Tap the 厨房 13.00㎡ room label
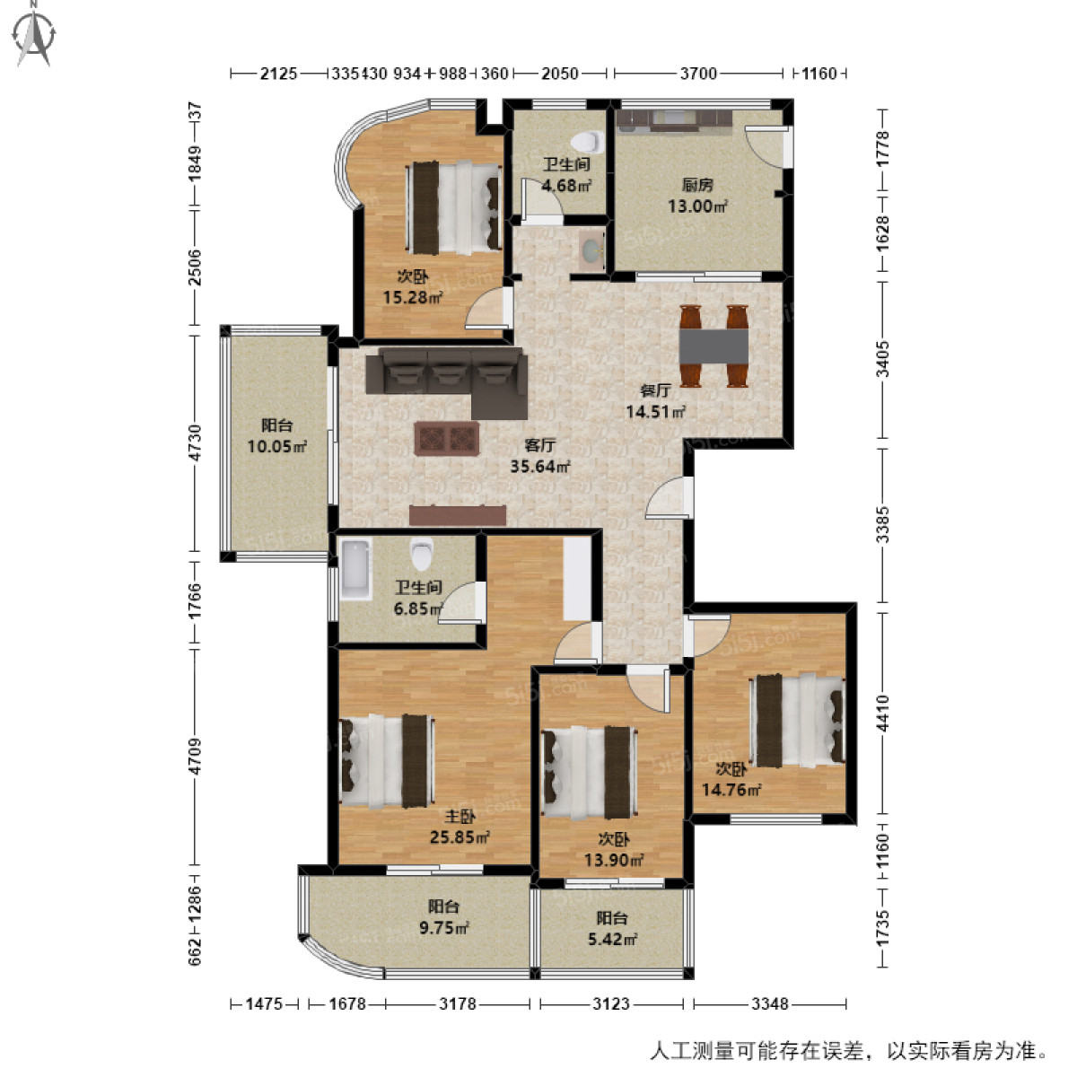(x=696, y=196)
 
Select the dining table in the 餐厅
(x=714, y=345)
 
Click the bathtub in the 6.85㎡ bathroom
(x=355, y=567)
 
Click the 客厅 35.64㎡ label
(x=540, y=456)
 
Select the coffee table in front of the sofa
(x=446, y=439)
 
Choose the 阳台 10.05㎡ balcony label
(x=277, y=436)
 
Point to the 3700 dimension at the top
(x=697, y=74)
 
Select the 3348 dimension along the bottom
(x=769, y=1003)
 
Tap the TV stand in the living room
(x=458, y=515)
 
